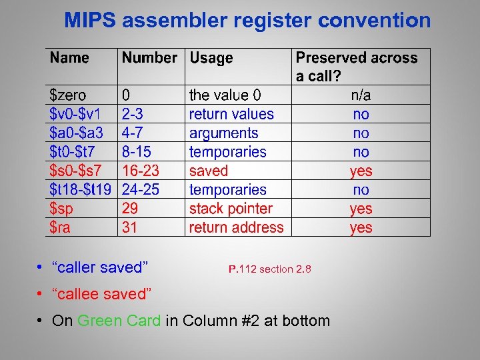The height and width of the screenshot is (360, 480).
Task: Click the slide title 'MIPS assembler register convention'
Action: tap(247, 21)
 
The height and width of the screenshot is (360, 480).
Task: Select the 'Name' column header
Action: tap(69, 58)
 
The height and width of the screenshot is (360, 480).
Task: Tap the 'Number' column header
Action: tap(149, 58)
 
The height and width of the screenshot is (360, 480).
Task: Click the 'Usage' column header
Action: tap(211, 58)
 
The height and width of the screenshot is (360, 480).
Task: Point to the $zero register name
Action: tap(68, 95)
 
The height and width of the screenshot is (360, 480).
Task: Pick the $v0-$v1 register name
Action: tap(75, 114)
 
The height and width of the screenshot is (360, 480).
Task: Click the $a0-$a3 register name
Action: tap(76, 133)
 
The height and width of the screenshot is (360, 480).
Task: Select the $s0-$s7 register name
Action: tap(76, 171)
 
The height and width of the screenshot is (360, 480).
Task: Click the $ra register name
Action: tap(60, 227)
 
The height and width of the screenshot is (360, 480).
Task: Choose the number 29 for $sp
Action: tap(130, 209)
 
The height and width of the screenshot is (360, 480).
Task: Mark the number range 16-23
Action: tap(141, 171)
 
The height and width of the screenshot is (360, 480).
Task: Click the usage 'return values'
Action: tap(231, 114)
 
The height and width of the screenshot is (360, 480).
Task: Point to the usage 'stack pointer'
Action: tap(231, 209)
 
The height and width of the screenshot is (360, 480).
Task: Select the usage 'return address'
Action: tap(236, 227)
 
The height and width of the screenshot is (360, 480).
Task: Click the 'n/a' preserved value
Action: tap(361, 95)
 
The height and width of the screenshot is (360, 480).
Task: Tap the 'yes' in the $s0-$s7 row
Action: tap(361, 171)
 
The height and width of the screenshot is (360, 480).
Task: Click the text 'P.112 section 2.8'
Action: tap(269, 269)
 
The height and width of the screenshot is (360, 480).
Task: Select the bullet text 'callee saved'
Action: tap(102, 294)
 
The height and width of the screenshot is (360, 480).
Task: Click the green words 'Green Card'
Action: tap(119, 321)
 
